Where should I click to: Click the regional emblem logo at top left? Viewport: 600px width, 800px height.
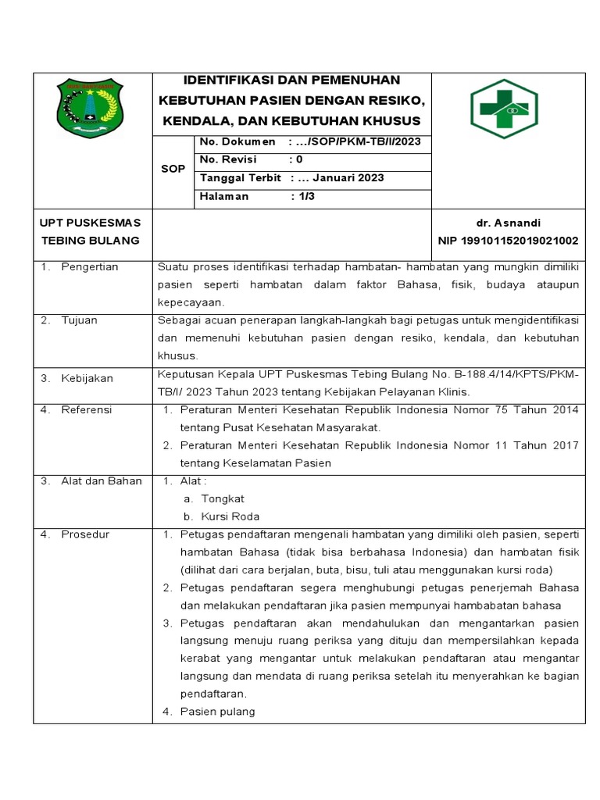tap(90, 109)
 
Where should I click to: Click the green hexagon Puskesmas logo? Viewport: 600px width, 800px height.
tap(504, 109)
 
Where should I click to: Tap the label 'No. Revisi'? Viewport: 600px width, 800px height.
tap(228, 159)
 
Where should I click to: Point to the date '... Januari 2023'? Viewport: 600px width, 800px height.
tap(344, 178)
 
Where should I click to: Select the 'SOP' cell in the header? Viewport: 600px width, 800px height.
tap(173, 169)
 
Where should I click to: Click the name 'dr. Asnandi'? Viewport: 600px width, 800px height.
tap(513, 223)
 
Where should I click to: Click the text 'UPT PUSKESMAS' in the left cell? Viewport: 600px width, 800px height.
tap(90, 223)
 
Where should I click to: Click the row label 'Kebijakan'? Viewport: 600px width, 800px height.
tap(87, 378)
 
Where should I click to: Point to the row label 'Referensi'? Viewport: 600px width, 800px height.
tap(87, 409)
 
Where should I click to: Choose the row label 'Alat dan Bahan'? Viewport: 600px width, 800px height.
tap(102, 481)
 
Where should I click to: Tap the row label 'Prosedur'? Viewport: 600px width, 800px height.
tap(85, 534)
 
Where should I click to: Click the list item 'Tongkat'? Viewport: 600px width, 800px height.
tap(223, 498)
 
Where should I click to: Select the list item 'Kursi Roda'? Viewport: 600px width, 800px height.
tap(230, 516)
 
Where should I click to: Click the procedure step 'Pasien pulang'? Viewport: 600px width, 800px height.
tap(217, 711)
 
